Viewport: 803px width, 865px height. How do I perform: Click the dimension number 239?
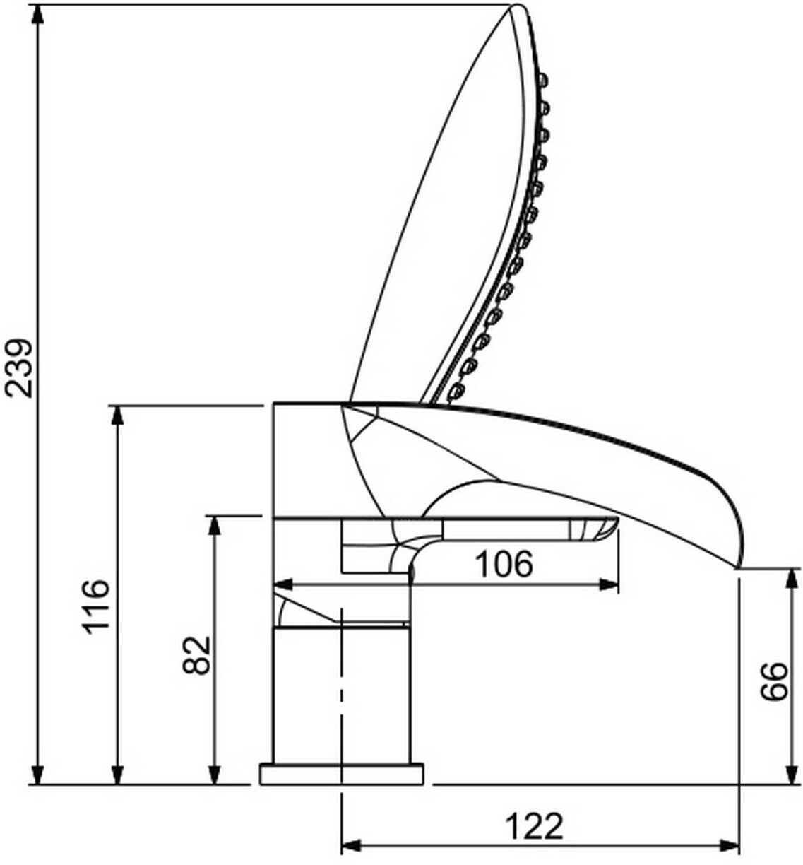point(19,368)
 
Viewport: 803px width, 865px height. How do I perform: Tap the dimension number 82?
point(196,656)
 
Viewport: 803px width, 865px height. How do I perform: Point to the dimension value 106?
point(504,563)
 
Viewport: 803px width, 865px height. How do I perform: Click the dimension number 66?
point(775,681)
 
